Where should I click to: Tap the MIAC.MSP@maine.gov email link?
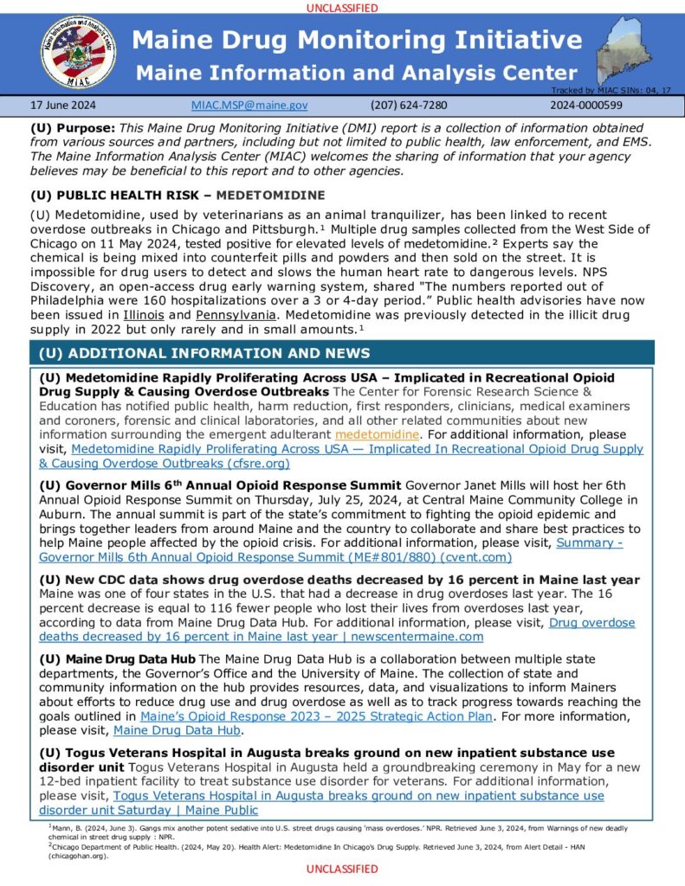249,105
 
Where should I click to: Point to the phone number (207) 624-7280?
408,105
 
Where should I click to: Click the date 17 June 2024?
63,105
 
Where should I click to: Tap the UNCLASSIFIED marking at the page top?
342,8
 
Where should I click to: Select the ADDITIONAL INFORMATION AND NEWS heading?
204,353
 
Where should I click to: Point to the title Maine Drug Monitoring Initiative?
357,41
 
